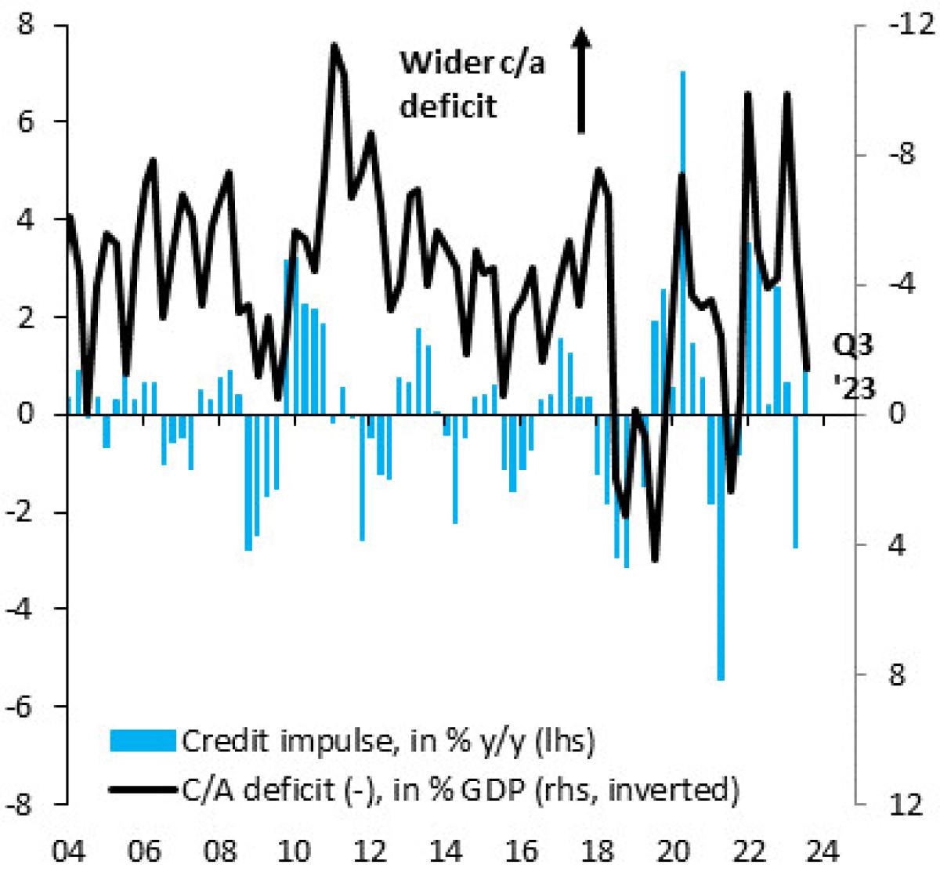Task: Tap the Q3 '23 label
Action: click(852, 366)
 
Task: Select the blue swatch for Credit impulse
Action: click(143, 740)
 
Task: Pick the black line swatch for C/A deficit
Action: click(143, 789)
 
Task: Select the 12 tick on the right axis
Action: click(906, 804)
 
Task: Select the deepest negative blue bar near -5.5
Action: click(721, 548)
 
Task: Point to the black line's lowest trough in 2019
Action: click(655, 559)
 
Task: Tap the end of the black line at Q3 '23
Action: click(807, 368)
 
